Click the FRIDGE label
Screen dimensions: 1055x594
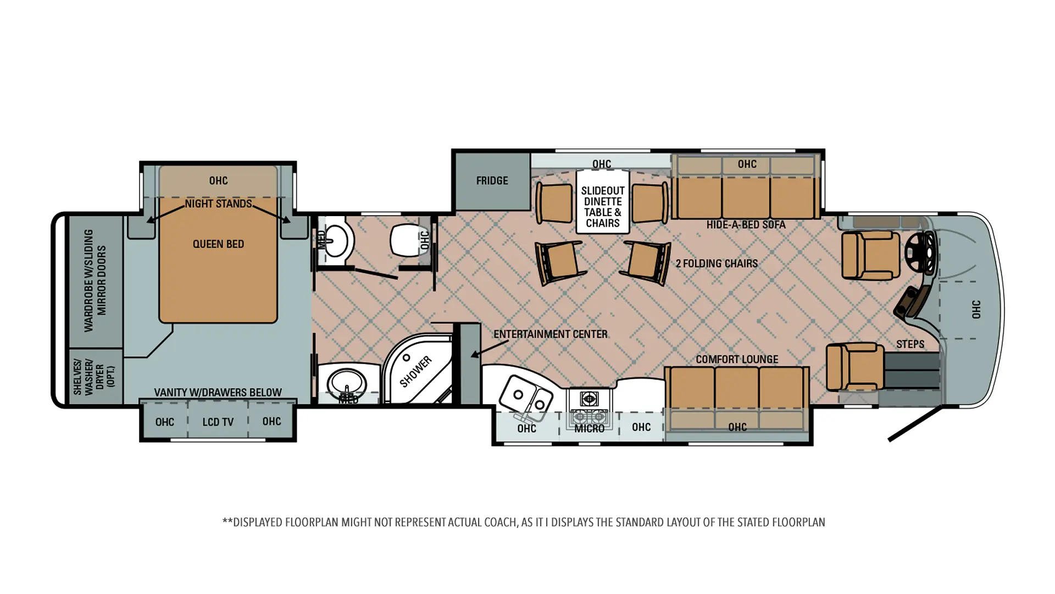[492, 180]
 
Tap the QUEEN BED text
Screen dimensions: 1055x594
[218, 244]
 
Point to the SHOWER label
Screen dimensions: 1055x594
[416, 372]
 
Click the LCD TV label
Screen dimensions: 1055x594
[218, 422]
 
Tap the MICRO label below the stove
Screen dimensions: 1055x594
[589, 428]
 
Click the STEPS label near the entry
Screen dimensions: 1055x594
[910, 344]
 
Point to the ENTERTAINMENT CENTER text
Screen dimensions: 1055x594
[550, 334]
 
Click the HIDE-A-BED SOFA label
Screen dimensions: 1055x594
[746, 224]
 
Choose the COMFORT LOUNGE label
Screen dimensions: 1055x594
[737, 359]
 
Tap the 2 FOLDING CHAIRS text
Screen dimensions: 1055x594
[717, 263]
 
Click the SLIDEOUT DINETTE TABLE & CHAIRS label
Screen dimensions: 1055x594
[603, 207]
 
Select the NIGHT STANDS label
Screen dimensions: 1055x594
[218, 204]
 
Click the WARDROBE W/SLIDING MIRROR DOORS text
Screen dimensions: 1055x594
[95, 280]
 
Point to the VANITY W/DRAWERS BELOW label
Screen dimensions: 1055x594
[218, 392]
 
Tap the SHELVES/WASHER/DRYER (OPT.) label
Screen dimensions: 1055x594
[94, 377]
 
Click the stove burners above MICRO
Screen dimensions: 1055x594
[589, 407]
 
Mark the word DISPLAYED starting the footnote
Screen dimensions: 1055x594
[258, 522]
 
